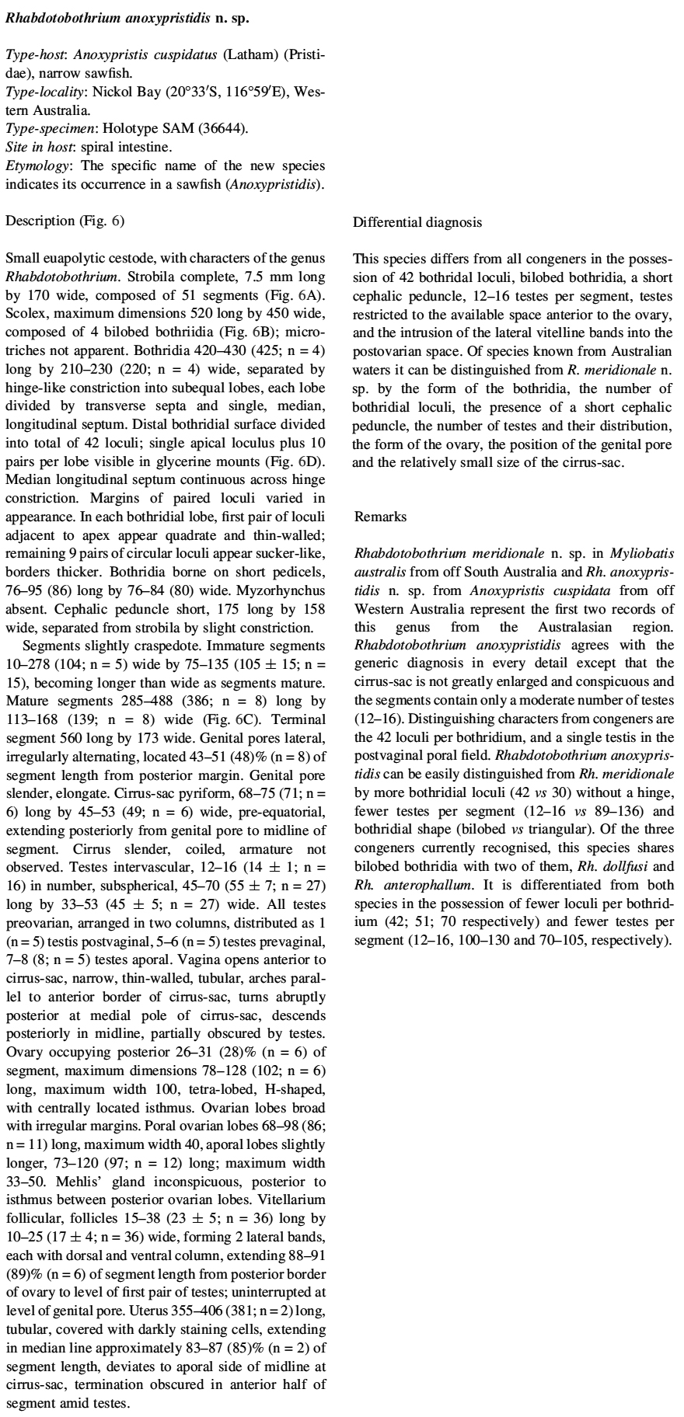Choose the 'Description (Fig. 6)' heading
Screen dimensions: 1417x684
(x=65, y=221)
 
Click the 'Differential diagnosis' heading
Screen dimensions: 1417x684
(x=417, y=222)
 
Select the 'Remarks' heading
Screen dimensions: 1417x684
(x=380, y=516)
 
